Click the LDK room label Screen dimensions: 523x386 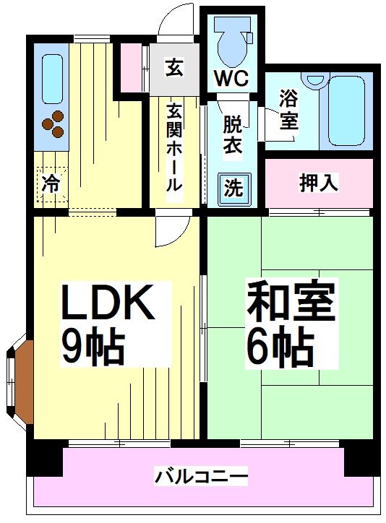click(x=108, y=303)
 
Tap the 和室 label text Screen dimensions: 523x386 click(x=291, y=303)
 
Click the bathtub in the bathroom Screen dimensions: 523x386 click(x=346, y=108)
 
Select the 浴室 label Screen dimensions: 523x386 click(x=288, y=108)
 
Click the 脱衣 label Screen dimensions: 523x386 click(x=232, y=133)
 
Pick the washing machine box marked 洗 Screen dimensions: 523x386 click(x=232, y=189)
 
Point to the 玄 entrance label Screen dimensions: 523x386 click(x=174, y=69)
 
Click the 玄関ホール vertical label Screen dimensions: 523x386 click(x=174, y=148)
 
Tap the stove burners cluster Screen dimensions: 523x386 click(x=53, y=126)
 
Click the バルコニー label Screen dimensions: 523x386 click(x=201, y=477)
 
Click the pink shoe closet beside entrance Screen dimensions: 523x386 click(x=132, y=68)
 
